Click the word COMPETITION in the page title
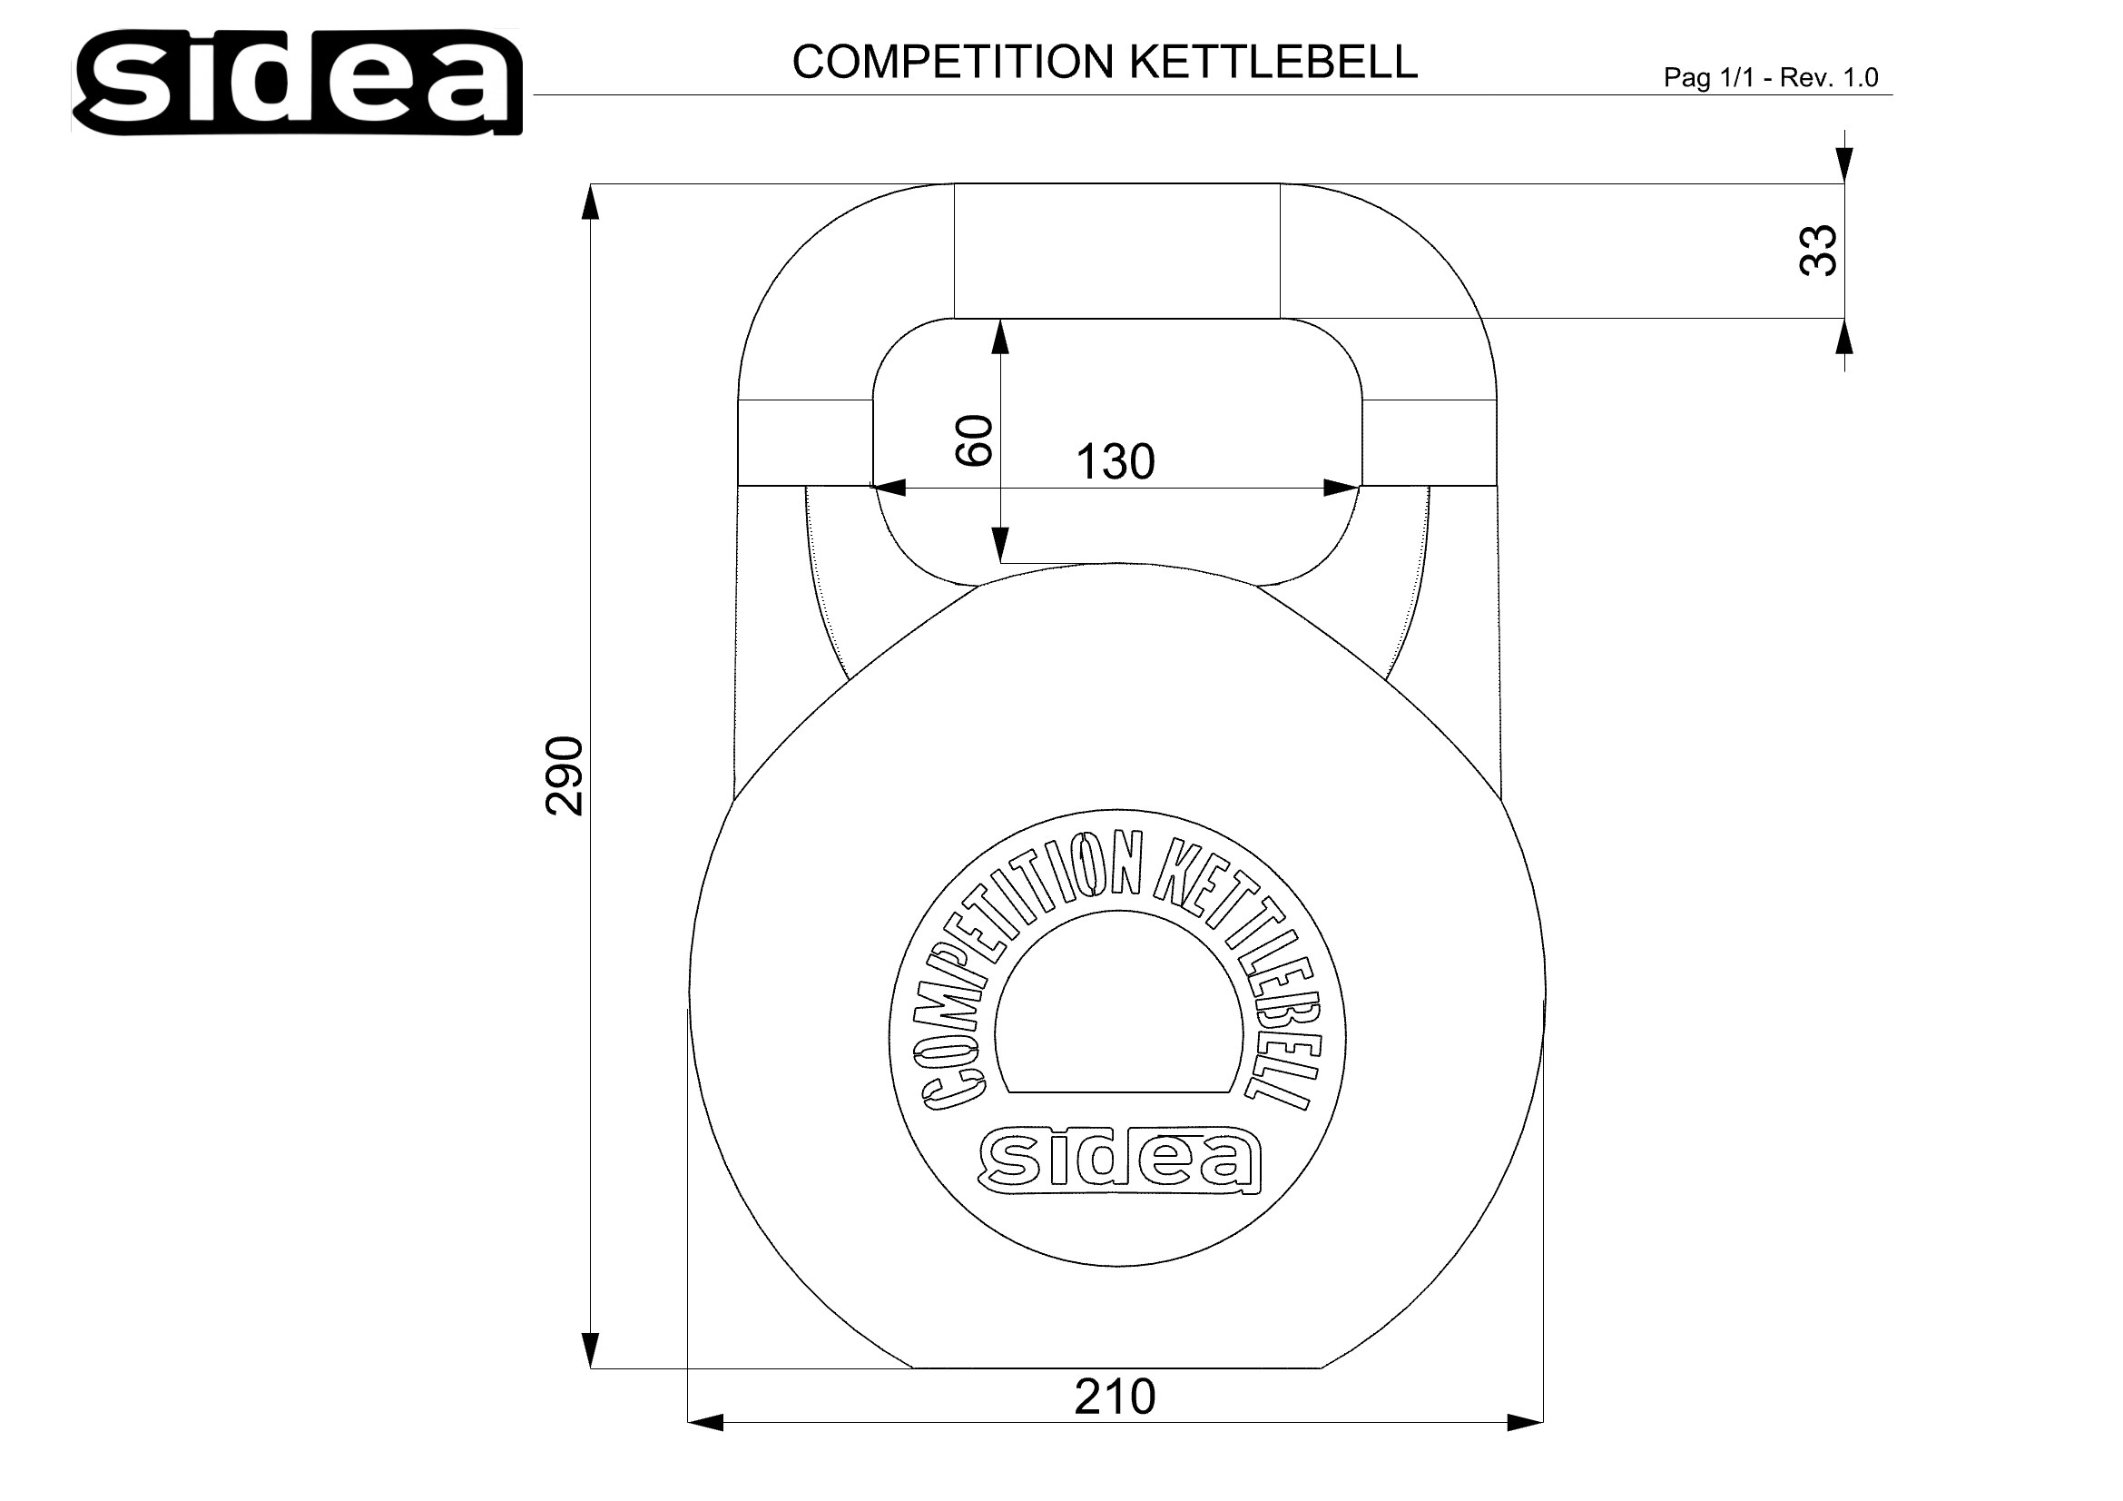[953, 62]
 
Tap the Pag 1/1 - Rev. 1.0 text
[1770, 78]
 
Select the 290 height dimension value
[565, 775]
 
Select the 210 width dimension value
[1115, 1397]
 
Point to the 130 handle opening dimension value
[1115, 461]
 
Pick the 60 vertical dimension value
[974, 440]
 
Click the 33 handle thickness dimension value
[1818, 250]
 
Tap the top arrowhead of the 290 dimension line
[590, 202]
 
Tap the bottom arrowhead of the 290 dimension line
[590, 1348]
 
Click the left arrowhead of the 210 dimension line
[706, 1422]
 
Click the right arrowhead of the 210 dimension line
[1525, 1422]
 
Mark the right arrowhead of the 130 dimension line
[1341, 488]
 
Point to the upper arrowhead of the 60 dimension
[999, 338]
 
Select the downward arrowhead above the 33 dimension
[1844, 164]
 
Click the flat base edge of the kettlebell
[1117, 1367]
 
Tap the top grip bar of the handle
[1117, 251]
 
